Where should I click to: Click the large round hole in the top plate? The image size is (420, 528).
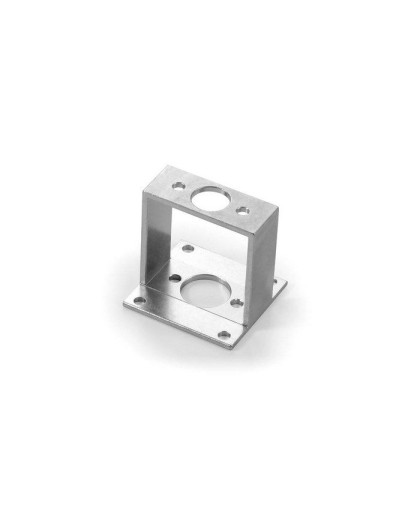click(x=211, y=195)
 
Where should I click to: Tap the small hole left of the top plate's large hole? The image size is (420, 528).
click(x=178, y=186)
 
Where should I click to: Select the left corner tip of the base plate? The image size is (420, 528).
click(x=119, y=300)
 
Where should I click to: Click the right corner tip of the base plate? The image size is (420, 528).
click(x=288, y=283)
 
